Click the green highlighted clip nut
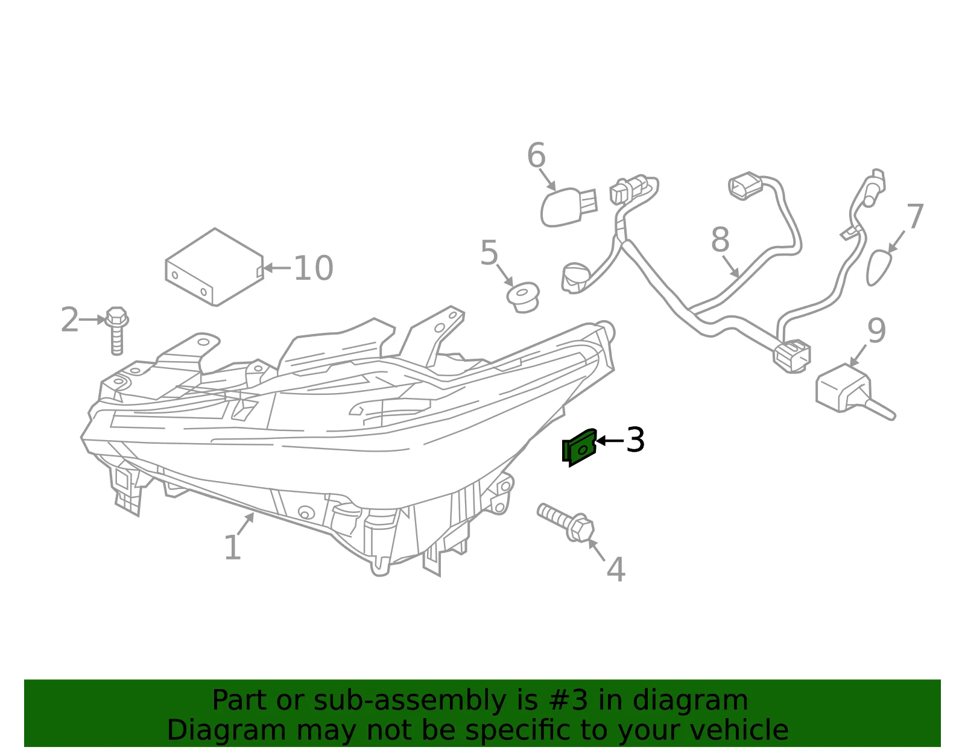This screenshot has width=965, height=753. click(x=579, y=448)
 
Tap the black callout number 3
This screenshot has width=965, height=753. click(x=635, y=440)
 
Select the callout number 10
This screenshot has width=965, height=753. click(x=313, y=268)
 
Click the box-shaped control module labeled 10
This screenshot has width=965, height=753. click(x=215, y=267)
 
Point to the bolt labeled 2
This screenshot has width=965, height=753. click(x=117, y=330)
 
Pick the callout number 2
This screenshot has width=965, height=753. click(x=70, y=319)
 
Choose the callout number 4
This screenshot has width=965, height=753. click(x=616, y=569)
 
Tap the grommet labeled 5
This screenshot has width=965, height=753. click(x=523, y=297)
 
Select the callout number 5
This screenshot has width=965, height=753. click(x=489, y=253)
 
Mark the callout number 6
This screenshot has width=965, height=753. click(x=536, y=155)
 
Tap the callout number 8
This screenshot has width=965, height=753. click(x=720, y=239)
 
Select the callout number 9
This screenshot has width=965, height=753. click(x=876, y=330)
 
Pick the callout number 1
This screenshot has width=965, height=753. click(x=233, y=547)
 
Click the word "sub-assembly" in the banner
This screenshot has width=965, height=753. click(x=410, y=700)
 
